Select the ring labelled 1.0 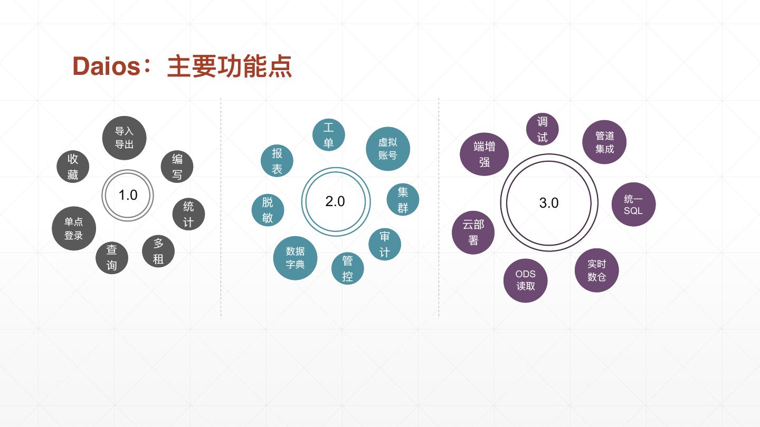point(127,195)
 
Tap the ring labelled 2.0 point(336,201)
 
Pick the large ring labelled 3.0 point(549,203)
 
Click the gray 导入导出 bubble point(124,138)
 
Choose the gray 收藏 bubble point(73,167)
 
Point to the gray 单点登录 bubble point(74,228)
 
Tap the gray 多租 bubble point(158,251)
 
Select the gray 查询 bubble point(112,258)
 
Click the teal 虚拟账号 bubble point(388,149)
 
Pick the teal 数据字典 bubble point(295,258)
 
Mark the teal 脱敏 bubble point(268,210)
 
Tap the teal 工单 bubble point(328,135)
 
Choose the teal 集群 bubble point(403,200)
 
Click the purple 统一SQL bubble point(633,205)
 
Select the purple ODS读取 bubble point(525,280)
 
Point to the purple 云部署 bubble point(473,232)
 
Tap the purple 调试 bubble point(542,129)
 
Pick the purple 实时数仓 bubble point(596,270)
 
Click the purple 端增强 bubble point(484,154)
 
